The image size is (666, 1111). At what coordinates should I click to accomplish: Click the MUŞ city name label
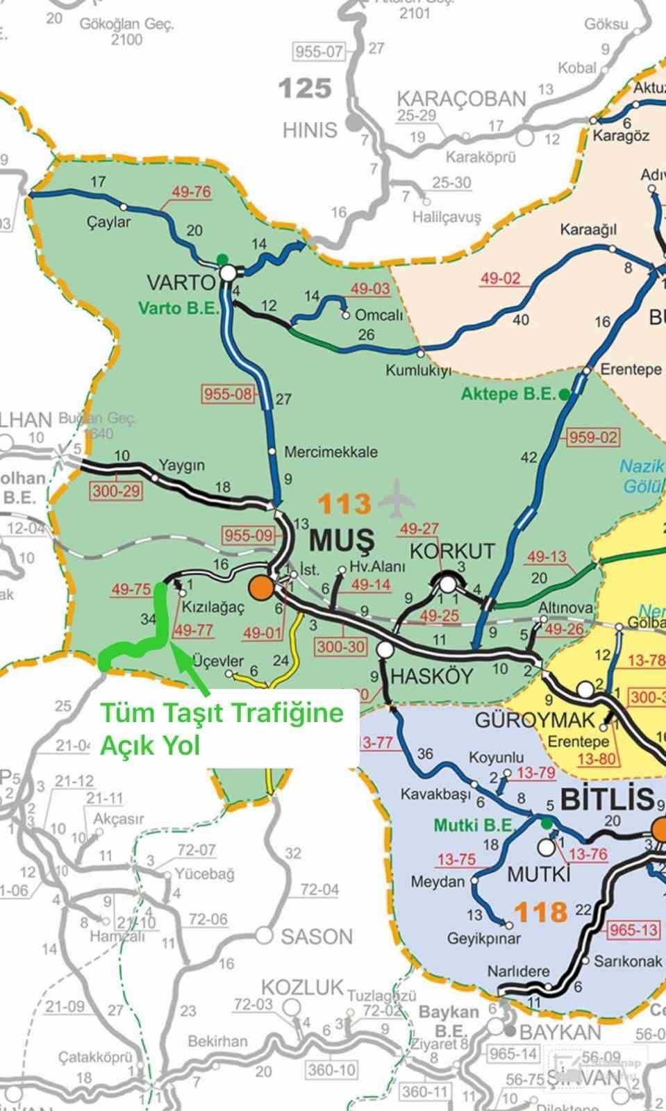tap(342, 540)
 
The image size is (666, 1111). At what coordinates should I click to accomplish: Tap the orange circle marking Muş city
tap(262, 587)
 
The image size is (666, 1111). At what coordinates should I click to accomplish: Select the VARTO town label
tap(181, 282)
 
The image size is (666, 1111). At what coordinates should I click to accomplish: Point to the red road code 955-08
tap(228, 394)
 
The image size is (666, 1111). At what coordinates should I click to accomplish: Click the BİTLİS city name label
tap(606, 800)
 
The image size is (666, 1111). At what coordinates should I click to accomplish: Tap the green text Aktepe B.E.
tap(508, 394)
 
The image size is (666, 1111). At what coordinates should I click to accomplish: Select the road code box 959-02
tap(593, 437)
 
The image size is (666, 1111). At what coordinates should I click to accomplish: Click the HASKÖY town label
tap(431, 676)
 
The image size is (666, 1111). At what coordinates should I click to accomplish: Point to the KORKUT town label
tap(452, 551)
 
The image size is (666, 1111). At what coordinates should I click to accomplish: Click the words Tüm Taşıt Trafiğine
tap(222, 712)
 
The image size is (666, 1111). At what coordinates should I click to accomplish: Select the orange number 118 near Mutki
tap(541, 911)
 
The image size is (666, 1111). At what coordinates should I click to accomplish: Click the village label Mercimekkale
tap(331, 452)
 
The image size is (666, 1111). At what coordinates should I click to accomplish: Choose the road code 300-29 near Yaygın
tap(116, 491)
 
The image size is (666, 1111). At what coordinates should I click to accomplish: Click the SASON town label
tap(317, 937)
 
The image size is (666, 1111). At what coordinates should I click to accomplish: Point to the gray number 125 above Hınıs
tap(304, 89)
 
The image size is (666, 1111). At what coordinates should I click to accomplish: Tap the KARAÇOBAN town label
tap(461, 99)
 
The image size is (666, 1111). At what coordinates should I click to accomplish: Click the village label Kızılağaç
tap(213, 608)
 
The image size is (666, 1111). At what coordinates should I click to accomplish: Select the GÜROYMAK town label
tap(535, 720)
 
